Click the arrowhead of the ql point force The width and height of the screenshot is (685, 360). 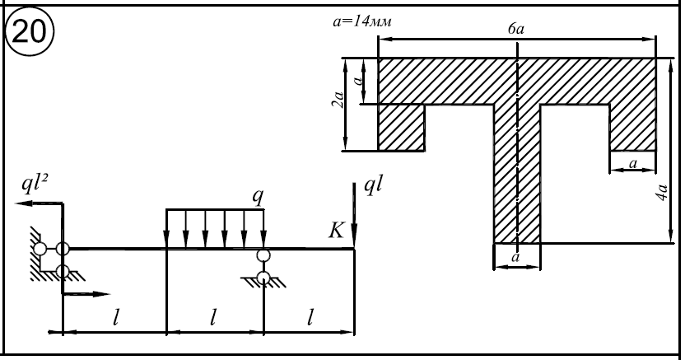coord(355,241)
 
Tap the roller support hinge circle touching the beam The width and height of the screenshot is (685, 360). coord(263,256)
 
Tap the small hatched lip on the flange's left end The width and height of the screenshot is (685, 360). coord(401,128)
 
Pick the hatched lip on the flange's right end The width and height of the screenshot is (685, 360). coord(632,128)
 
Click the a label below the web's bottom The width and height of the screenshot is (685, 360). coord(516,258)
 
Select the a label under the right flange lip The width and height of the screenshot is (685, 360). coord(632,163)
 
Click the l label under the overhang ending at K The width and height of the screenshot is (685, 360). coord(310,317)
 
